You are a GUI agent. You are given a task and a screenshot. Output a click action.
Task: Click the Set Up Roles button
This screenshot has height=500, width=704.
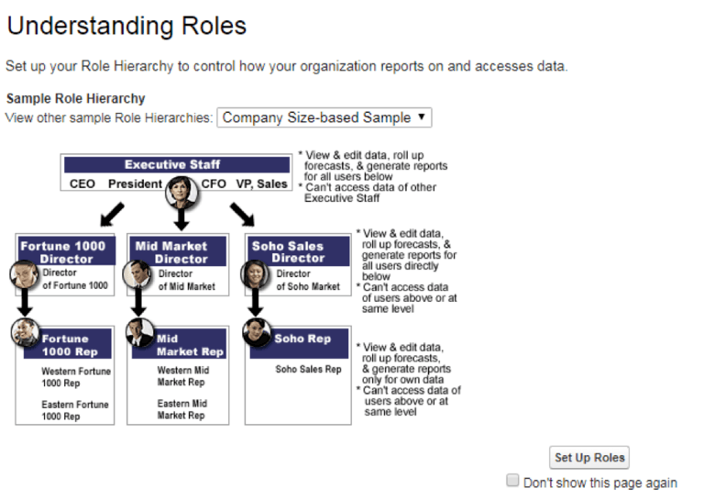589,457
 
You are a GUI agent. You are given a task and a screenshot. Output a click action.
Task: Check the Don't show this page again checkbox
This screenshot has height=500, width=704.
513,481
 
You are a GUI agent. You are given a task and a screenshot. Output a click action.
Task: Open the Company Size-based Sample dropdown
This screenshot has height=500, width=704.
324,117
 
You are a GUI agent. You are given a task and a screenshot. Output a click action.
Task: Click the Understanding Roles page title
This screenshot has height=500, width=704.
126,26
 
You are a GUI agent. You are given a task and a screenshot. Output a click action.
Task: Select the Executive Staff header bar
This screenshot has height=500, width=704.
172,165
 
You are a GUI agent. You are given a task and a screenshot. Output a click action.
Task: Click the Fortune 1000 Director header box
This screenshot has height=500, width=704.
64,251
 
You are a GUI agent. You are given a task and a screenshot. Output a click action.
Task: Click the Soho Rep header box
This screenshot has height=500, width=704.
302,339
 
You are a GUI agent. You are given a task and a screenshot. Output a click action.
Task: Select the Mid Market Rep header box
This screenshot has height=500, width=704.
188,345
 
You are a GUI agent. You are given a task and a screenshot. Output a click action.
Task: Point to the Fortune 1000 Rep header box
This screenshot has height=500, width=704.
73,345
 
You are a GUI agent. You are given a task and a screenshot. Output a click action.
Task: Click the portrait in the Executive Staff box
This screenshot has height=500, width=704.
180,193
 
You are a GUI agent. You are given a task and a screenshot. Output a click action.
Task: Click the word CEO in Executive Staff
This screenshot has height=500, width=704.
82,183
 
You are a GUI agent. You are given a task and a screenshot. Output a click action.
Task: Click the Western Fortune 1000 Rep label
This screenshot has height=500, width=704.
75,377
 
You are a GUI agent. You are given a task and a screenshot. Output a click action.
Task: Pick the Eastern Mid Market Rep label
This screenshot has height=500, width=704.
181,409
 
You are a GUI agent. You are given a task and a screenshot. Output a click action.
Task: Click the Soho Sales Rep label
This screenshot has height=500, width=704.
308,370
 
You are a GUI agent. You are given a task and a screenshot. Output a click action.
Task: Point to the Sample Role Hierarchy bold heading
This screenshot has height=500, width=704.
75,98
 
